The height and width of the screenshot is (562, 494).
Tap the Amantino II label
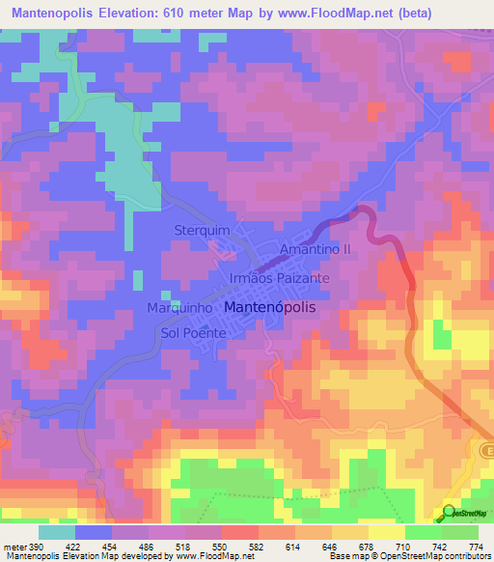313,249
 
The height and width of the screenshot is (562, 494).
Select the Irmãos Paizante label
281,277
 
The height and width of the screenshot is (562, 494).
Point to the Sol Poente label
194,333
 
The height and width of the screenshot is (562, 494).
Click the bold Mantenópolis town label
274,306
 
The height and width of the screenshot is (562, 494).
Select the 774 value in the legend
474,546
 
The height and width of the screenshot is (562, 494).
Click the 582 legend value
257,546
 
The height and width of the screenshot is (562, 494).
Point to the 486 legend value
148,546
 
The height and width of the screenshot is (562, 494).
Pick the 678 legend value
365,546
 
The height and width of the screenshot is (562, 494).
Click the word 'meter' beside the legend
14,546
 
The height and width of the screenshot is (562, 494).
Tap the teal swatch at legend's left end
57,532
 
